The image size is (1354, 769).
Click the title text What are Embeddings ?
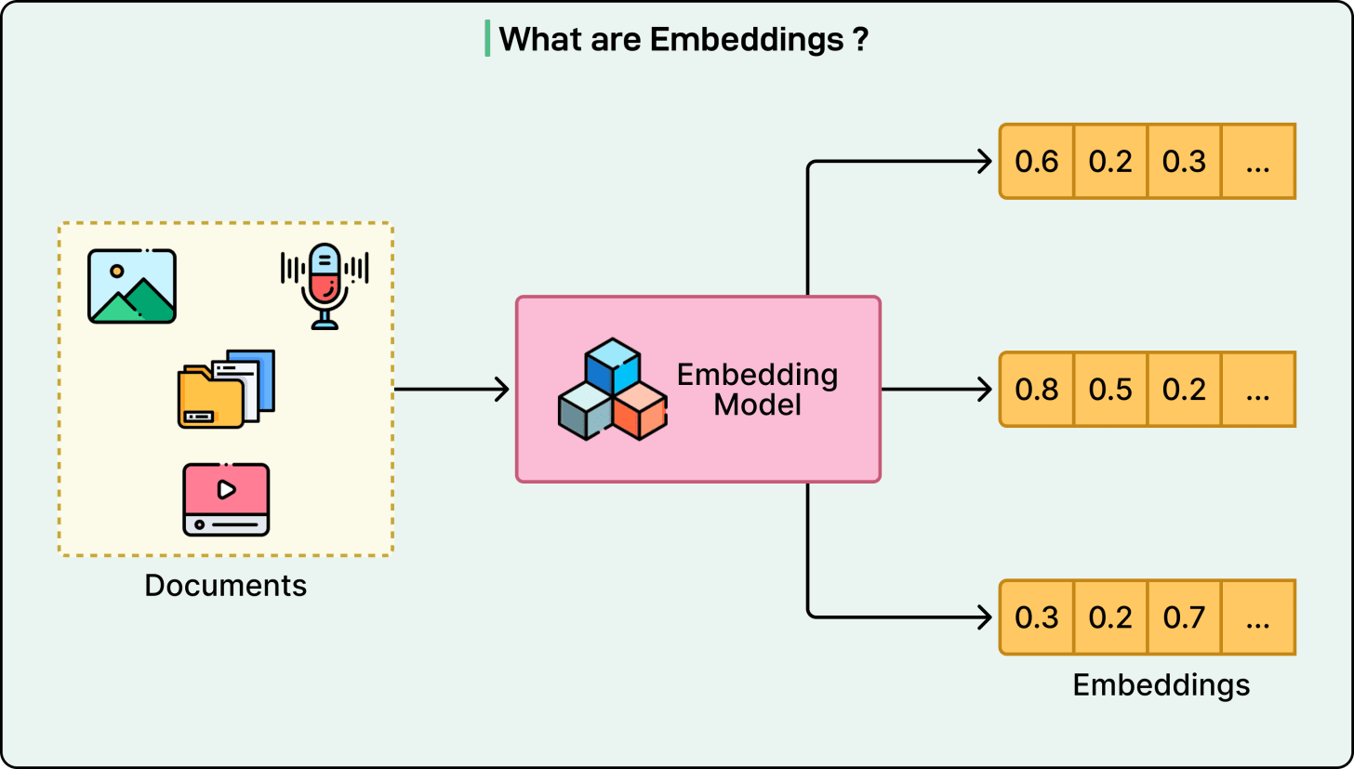coord(683,39)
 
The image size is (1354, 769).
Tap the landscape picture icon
coord(132,285)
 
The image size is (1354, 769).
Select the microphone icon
coord(325,285)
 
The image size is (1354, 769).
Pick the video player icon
coord(226,499)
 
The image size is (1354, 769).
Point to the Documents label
coord(226,586)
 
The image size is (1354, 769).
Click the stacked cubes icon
coord(612,390)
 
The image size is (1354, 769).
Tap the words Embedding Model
coord(757,390)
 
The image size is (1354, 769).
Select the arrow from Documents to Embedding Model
coord(452,389)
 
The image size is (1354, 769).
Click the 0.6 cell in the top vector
coord(1037,162)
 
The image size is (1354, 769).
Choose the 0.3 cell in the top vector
coord(1184,162)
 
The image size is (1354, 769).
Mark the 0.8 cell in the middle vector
coord(1037,390)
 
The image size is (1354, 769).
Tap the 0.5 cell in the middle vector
coord(1110,390)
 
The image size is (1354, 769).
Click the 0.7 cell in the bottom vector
coord(1184,617)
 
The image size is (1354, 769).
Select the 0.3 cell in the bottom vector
coord(1037,617)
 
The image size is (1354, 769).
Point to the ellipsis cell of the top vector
coord(1257,162)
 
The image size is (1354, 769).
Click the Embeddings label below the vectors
coord(1161,685)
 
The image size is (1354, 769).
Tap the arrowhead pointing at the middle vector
coord(984,390)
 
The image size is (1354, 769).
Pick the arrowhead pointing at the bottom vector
coord(984,617)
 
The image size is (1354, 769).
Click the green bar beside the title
coord(487,39)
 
